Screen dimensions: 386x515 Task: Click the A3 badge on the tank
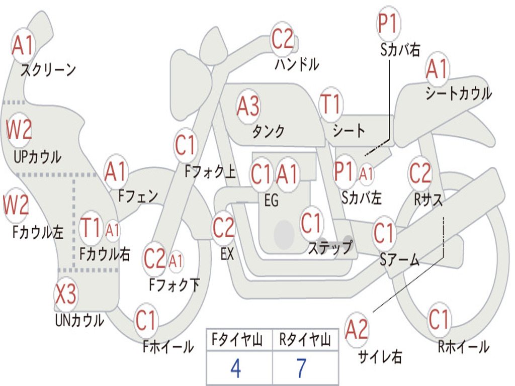tap(248, 106)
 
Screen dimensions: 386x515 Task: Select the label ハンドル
tap(297, 64)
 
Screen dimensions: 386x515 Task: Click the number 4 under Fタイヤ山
tap(235, 368)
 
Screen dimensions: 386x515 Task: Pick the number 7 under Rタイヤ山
tap(301, 368)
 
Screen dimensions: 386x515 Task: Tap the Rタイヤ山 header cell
tap(305, 341)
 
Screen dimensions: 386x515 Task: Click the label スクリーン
tap(48, 70)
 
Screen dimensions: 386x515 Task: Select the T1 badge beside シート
tap(330, 105)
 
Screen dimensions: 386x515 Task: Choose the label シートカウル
tap(458, 93)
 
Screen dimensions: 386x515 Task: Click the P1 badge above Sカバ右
tap(388, 24)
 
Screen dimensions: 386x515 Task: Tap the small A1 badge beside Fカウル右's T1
tap(113, 230)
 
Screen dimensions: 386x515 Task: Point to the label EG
tap(271, 201)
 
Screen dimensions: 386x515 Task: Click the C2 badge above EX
tap(223, 228)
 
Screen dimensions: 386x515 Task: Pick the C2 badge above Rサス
tap(420, 173)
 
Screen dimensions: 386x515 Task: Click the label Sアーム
tap(399, 260)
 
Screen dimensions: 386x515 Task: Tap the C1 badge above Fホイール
tap(146, 320)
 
